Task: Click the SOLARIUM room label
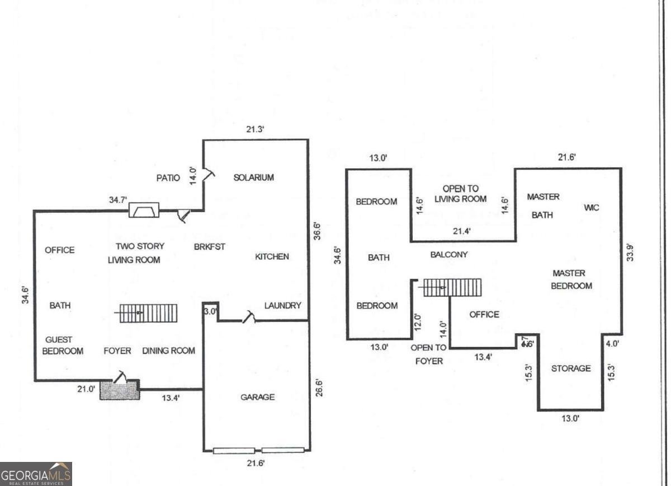(253, 177)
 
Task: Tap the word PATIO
(168, 178)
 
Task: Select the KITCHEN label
(272, 256)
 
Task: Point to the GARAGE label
(257, 397)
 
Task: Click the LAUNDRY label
(282, 306)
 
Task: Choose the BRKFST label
(210, 246)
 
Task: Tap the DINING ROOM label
(168, 351)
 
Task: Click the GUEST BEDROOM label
(64, 345)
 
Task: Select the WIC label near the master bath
(592, 208)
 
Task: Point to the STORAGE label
(570, 368)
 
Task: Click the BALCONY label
(449, 255)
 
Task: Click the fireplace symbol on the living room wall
(144, 210)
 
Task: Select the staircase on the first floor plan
(148, 313)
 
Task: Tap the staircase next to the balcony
(452, 287)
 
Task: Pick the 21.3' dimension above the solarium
(255, 129)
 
